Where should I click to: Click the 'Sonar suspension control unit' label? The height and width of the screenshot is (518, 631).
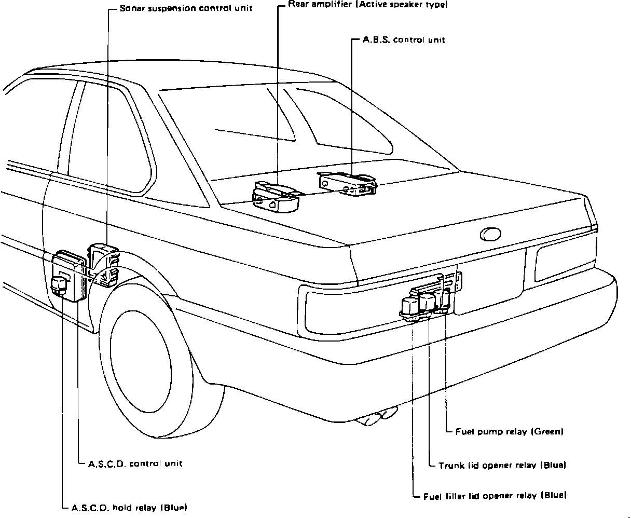click(x=185, y=9)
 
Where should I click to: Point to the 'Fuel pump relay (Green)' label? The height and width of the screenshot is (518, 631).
click(x=509, y=431)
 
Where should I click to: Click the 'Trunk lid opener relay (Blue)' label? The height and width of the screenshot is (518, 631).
click(x=502, y=465)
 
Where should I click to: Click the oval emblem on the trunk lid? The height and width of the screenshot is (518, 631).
click(x=490, y=235)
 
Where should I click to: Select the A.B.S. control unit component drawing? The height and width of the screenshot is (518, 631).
click(x=348, y=184)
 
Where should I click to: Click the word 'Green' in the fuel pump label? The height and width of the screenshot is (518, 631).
click(x=547, y=431)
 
